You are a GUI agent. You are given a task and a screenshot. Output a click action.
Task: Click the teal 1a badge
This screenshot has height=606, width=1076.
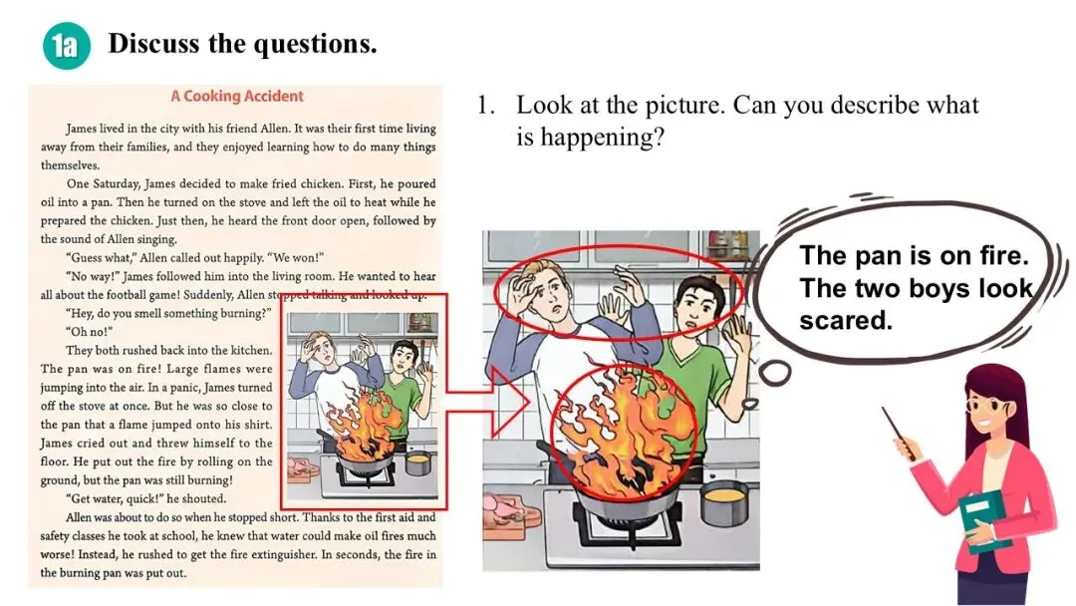point(67,45)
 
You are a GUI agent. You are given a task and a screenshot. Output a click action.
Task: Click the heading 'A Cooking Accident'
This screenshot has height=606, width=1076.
point(237,96)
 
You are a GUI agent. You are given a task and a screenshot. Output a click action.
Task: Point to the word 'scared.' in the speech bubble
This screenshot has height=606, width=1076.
point(846,320)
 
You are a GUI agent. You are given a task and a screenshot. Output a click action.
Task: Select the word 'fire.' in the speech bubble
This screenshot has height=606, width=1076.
point(998,255)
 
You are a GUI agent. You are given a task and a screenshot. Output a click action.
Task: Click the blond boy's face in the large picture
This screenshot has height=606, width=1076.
point(550,296)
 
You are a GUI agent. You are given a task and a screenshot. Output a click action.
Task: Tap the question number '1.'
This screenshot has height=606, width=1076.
point(486,106)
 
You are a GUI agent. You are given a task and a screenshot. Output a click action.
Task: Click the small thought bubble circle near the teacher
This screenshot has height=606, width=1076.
point(774,374)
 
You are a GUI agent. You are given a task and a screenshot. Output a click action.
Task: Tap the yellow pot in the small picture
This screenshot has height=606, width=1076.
point(417,462)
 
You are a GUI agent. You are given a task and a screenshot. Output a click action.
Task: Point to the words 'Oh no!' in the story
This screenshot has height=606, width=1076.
point(90,332)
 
